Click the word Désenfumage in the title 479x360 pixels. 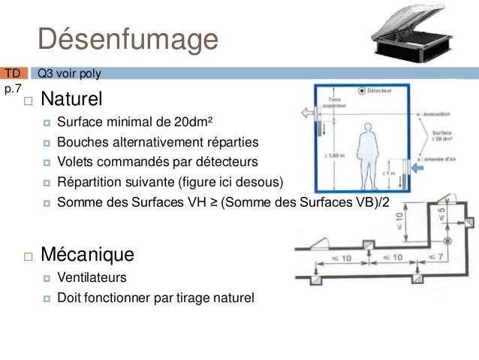tap(128, 38)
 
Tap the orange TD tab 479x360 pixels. tap(13, 74)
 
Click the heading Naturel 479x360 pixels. tap(71, 99)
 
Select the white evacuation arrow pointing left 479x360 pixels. tap(309, 113)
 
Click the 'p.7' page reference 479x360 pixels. tap(13, 89)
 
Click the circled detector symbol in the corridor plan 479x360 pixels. tap(448, 241)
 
